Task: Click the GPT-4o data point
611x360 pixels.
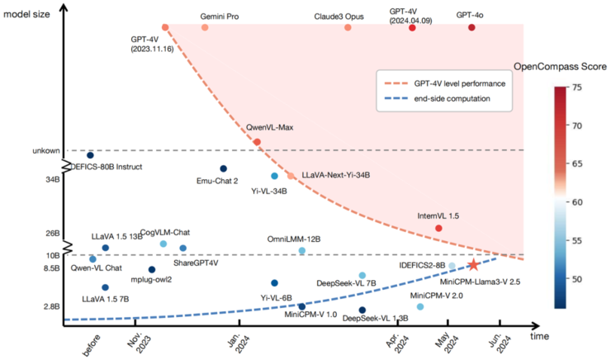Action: tap(471, 27)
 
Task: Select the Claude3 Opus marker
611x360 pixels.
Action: tap(348, 27)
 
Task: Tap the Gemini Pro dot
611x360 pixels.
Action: tap(205, 27)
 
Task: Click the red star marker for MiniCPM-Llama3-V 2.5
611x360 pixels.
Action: tap(473, 265)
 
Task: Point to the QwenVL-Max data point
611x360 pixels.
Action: tap(257, 142)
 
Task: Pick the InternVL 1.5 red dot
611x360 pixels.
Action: tap(438, 228)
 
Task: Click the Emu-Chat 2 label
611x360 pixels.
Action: tap(218, 181)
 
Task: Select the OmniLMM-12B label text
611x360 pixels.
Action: tap(293, 239)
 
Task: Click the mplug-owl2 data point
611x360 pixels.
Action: tap(152, 269)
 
